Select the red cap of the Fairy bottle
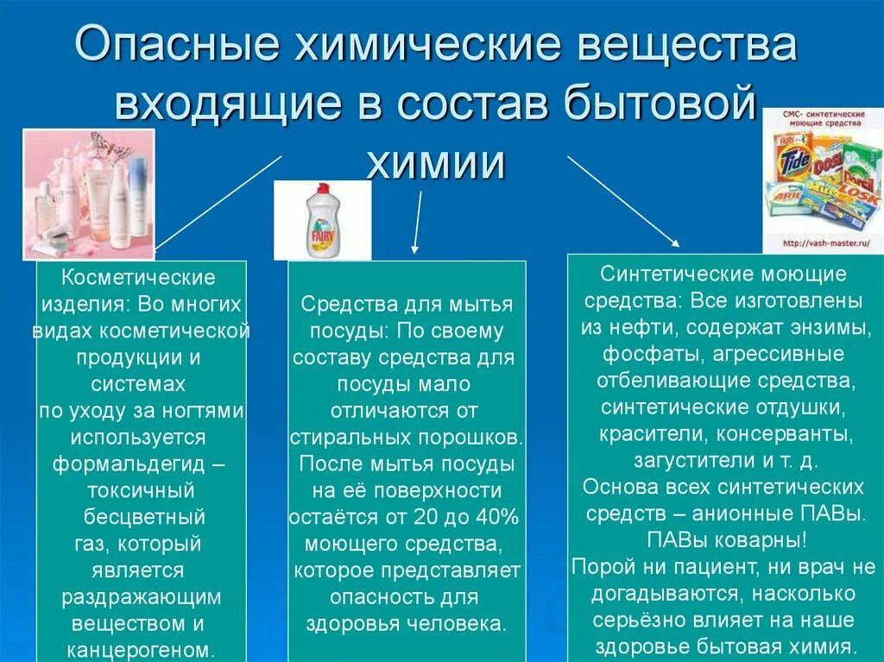click(320, 189)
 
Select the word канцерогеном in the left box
click(141, 648)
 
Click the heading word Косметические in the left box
click(139, 278)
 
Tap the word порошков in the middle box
click(477, 438)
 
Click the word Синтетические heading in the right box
click(669, 275)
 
